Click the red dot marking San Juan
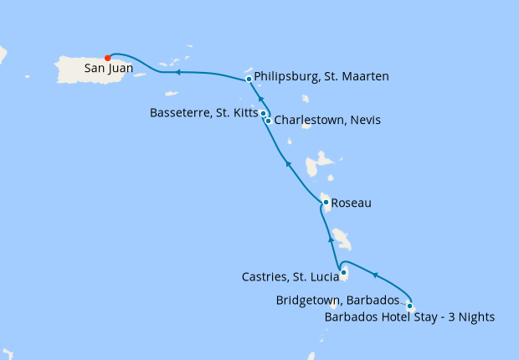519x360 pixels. click(107, 58)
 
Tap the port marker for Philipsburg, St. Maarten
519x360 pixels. click(249, 80)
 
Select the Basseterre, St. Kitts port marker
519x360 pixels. click(263, 113)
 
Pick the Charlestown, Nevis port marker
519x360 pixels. click(268, 121)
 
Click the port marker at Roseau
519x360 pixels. click(326, 202)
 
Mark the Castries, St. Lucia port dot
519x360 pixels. click(344, 272)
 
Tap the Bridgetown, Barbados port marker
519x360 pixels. click(409, 306)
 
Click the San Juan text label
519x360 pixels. click(107, 70)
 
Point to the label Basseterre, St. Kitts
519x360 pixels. click(203, 112)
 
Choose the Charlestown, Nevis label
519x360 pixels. click(327, 121)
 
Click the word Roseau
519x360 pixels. click(352, 203)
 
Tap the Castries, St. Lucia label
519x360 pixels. click(289, 276)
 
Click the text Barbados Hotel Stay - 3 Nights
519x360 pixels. click(409, 316)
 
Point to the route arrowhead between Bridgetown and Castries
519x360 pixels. click(376, 275)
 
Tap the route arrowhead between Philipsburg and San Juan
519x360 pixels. click(180, 72)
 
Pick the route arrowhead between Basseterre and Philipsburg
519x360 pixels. click(259, 98)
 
